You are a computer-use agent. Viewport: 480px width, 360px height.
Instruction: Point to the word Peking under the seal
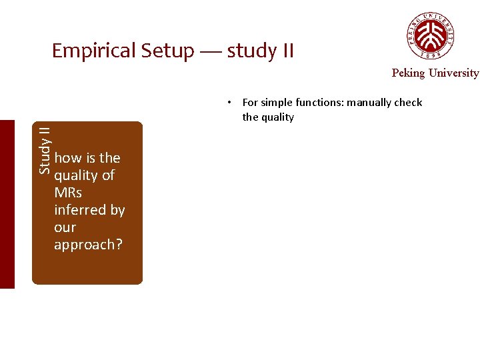click(x=408, y=73)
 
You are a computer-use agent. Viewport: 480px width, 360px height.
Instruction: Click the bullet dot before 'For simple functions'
click(x=228, y=103)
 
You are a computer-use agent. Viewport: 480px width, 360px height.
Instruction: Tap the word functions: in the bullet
click(x=319, y=103)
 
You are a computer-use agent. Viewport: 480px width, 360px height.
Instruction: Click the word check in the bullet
click(x=408, y=103)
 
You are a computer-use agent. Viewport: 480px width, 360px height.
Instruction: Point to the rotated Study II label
click(x=45, y=151)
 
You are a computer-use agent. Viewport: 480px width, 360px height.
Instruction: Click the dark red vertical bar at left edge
click(x=7, y=204)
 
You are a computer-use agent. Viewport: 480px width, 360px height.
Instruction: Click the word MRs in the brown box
click(x=68, y=193)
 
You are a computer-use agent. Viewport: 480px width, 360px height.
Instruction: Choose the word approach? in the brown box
click(x=88, y=245)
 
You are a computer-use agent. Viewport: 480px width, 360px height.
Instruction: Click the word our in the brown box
click(x=65, y=227)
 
